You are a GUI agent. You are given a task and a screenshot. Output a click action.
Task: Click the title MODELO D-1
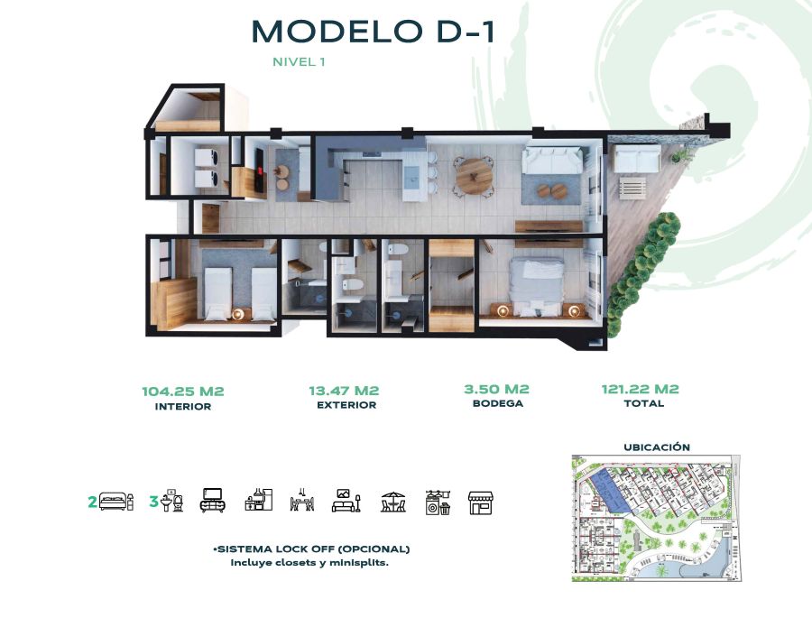[x=373, y=32]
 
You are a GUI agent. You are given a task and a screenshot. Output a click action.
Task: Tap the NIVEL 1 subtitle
[x=299, y=61]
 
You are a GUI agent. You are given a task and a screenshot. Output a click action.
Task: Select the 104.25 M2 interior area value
[x=183, y=391]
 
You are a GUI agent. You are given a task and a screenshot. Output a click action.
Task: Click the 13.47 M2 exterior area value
[x=344, y=391]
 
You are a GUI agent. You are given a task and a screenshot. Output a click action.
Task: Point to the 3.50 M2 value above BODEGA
[x=496, y=389]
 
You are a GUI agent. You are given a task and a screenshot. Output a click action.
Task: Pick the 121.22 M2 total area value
[x=640, y=389]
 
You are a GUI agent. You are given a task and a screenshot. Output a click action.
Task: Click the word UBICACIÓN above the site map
[x=657, y=447]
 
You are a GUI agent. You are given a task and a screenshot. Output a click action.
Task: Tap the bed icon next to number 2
[x=116, y=502]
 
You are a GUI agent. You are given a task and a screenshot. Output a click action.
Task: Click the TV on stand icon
[x=212, y=500]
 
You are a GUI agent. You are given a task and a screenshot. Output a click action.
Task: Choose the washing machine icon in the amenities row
[x=438, y=503]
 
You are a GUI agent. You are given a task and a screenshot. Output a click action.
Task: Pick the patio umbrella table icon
[x=393, y=502]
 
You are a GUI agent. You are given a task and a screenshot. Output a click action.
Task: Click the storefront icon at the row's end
[x=481, y=503]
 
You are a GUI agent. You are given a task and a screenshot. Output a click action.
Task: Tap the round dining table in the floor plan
[x=474, y=177]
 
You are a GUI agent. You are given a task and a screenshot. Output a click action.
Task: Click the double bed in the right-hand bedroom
[x=536, y=286]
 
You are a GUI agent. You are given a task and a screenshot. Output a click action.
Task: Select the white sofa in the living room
[x=551, y=161]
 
